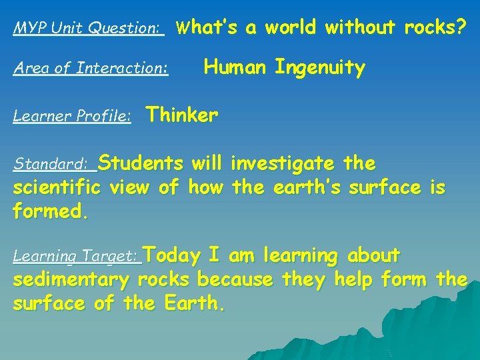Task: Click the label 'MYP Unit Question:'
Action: tap(89, 29)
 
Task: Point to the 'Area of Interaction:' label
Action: tap(91, 68)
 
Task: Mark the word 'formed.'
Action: tap(51, 213)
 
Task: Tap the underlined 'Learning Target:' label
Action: tap(77, 256)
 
